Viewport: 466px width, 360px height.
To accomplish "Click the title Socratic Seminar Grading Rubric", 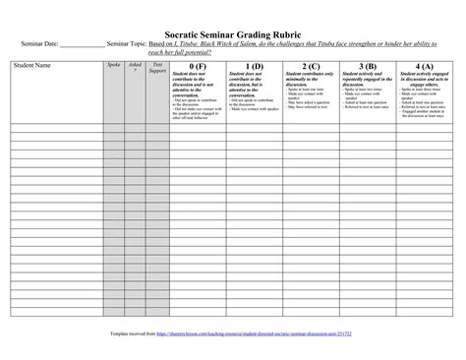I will click(232, 31).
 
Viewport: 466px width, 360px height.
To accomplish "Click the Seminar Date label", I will click(36, 44).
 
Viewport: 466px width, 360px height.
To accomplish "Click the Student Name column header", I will click(31, 64).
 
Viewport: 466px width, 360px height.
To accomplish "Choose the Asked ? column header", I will click(135, 66).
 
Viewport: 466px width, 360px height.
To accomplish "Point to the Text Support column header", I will click(156, 66).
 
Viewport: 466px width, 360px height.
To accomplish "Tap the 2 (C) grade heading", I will click(309, 65).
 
